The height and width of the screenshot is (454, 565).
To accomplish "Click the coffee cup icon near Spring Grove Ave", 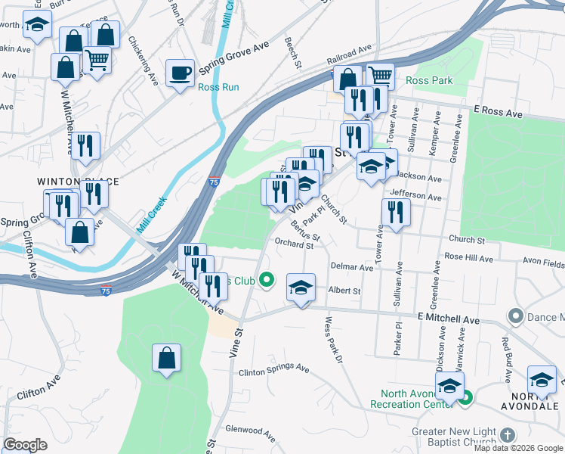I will (180, 73).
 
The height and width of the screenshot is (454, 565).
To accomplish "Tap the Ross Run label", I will (218, 87).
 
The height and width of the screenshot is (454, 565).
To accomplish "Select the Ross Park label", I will (429, 80).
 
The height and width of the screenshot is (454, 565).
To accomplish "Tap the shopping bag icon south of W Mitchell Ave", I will (166, 358).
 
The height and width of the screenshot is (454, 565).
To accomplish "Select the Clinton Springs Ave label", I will (274, 371).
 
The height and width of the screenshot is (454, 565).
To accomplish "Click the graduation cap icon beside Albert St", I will (301, 288).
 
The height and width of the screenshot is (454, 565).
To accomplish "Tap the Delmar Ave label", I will (352, 267).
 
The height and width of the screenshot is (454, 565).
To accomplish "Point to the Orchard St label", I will (294, 244).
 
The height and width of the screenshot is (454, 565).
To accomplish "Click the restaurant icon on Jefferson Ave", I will (395, 212).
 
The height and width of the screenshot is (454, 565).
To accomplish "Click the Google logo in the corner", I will (26, 445).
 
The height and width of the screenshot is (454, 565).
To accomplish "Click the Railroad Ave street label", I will (349, 54).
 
